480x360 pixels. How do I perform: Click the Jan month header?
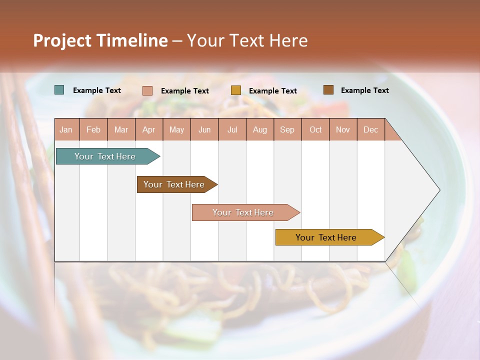click(x=66, y=129)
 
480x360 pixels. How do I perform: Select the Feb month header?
click(x=93, y=129)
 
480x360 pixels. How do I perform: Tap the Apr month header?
click(x=149, y=129)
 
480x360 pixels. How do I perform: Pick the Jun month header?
click(x=204, y=129)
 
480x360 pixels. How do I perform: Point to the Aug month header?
click(x=260, y=129)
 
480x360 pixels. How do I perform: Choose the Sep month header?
click(x=287, y=129)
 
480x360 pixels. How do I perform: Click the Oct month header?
click(x=315, y=129)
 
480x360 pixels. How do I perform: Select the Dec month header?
click(x=371, y=129)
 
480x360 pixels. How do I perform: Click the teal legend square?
click(x=59, y=90)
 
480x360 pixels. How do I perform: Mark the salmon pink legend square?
click(x=147, y=90)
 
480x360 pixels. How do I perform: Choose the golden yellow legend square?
click(x=235, y=90)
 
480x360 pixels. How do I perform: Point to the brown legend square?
click(x=328, y=90)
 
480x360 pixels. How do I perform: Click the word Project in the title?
click(x=62, y=40)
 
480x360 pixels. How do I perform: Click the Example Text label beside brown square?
click(x=364, y=90)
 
